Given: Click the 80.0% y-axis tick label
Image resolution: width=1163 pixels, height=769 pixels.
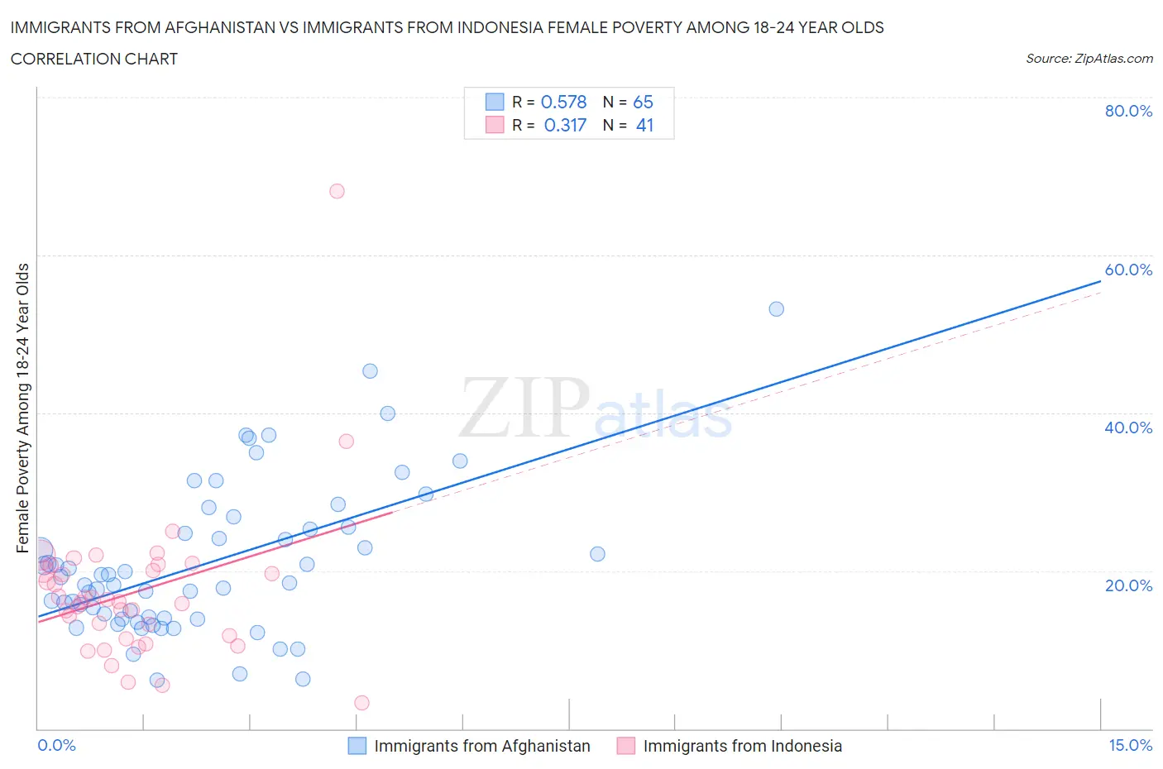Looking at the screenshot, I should (1128, 111).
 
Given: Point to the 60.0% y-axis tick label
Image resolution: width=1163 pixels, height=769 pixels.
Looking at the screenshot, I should (1128, 270).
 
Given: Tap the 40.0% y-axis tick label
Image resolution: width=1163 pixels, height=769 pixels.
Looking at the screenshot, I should (1128, 427).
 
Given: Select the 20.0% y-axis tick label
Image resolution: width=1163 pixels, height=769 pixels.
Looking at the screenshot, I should (1128, 585).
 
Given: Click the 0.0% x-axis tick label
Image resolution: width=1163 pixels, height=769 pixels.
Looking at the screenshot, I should (56, 745).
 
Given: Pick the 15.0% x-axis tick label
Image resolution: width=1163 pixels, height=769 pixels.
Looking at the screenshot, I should (1130, 745).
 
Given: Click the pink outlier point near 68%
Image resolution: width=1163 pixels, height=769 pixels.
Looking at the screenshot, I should (337, 191).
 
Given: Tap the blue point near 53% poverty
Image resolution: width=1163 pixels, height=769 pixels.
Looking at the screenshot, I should (776, 309).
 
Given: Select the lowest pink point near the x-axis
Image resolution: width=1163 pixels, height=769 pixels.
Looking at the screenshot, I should (361, 703).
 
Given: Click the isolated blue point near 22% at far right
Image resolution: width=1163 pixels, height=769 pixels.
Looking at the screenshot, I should (597, 554).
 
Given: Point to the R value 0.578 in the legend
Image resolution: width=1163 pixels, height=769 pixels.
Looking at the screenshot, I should (563, 102).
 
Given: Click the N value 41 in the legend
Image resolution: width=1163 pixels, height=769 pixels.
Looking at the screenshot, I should (644, 125).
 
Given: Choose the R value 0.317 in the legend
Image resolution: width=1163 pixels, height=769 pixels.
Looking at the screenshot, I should (565, 125).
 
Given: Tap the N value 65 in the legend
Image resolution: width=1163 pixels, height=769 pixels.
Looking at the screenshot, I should (643, 102).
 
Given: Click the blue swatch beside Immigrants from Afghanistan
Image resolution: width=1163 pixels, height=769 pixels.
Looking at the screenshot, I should (357, 746).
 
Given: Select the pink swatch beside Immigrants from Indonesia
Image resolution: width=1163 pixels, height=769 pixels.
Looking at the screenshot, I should (626, 746).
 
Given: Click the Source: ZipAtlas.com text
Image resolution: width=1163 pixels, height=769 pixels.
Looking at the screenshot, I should (1089, 59).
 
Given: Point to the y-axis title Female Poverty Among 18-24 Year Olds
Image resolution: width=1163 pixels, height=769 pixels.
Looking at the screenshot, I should (23, 408).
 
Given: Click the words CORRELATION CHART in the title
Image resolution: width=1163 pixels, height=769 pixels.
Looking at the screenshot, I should (94, 59).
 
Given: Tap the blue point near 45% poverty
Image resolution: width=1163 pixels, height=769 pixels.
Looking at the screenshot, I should (370, 371).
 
